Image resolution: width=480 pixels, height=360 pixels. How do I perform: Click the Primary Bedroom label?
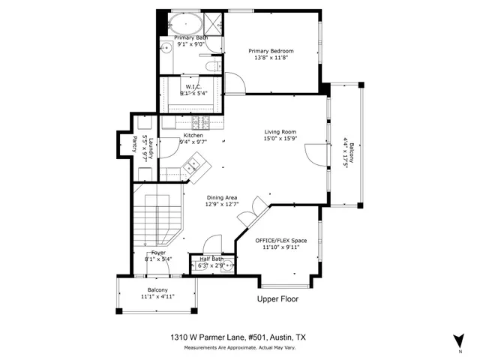271,51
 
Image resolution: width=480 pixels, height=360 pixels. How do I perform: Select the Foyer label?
158,253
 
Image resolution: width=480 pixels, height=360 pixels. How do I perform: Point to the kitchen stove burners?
202,123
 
